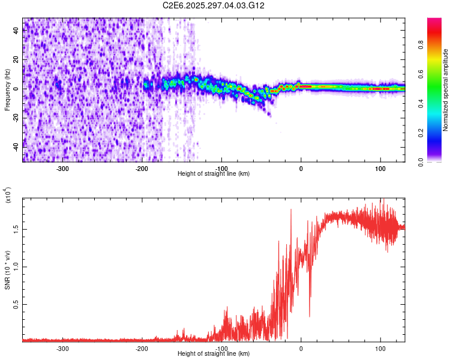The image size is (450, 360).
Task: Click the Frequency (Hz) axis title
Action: (x=7, y=89)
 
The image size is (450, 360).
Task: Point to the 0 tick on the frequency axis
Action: (x=17, y=89)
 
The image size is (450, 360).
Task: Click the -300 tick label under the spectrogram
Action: (x=63, y=168)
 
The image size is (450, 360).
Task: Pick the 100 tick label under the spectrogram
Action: (x=380, y=168)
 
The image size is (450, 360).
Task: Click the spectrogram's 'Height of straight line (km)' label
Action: (x=214, y=173)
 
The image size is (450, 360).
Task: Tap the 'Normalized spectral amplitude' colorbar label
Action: (x=446, y=90)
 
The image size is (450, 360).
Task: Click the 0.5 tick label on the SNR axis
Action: (x=17, y=304)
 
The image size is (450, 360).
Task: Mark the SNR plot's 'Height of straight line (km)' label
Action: (x=214, y=353)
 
